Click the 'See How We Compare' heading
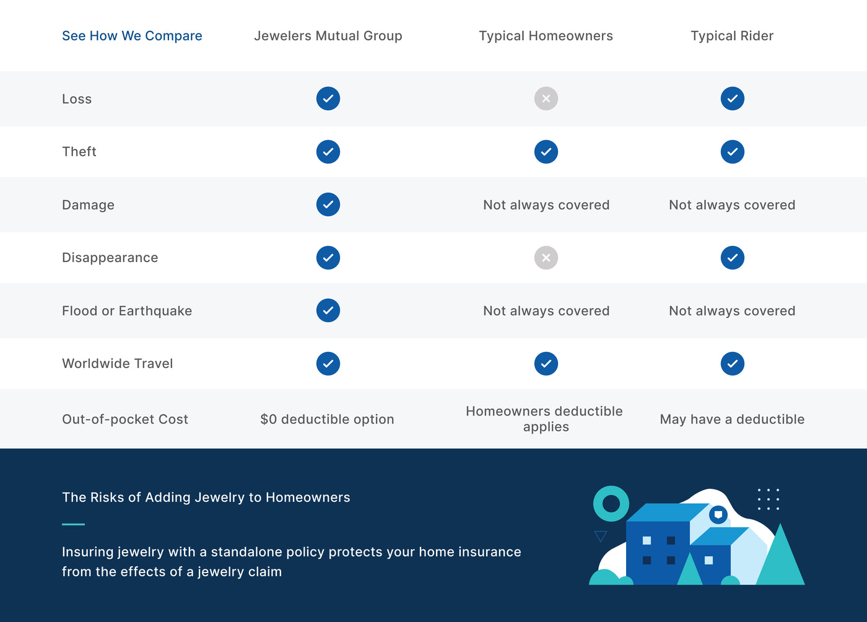coord(132,36)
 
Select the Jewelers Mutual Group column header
coord(328,36)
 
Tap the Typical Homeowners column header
coord(546,36)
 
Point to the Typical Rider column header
coord(732,36)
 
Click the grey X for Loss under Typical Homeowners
coord(546,99)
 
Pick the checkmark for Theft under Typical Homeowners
coord(546,151)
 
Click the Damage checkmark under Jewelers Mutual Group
coord(328,204)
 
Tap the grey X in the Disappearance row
coord(546,258)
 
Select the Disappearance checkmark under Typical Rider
coord(732,258)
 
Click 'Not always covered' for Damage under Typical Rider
coord(732,205)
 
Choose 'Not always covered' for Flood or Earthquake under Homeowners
coord(546,310)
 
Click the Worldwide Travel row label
coord(117,363)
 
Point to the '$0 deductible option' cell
coord(327,419)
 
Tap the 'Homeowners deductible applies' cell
coord(544,419)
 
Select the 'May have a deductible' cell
coord(732,419)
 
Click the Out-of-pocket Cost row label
coord(125,419)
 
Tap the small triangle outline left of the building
coord(600,536)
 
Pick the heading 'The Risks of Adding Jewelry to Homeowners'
coord(206,497)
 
